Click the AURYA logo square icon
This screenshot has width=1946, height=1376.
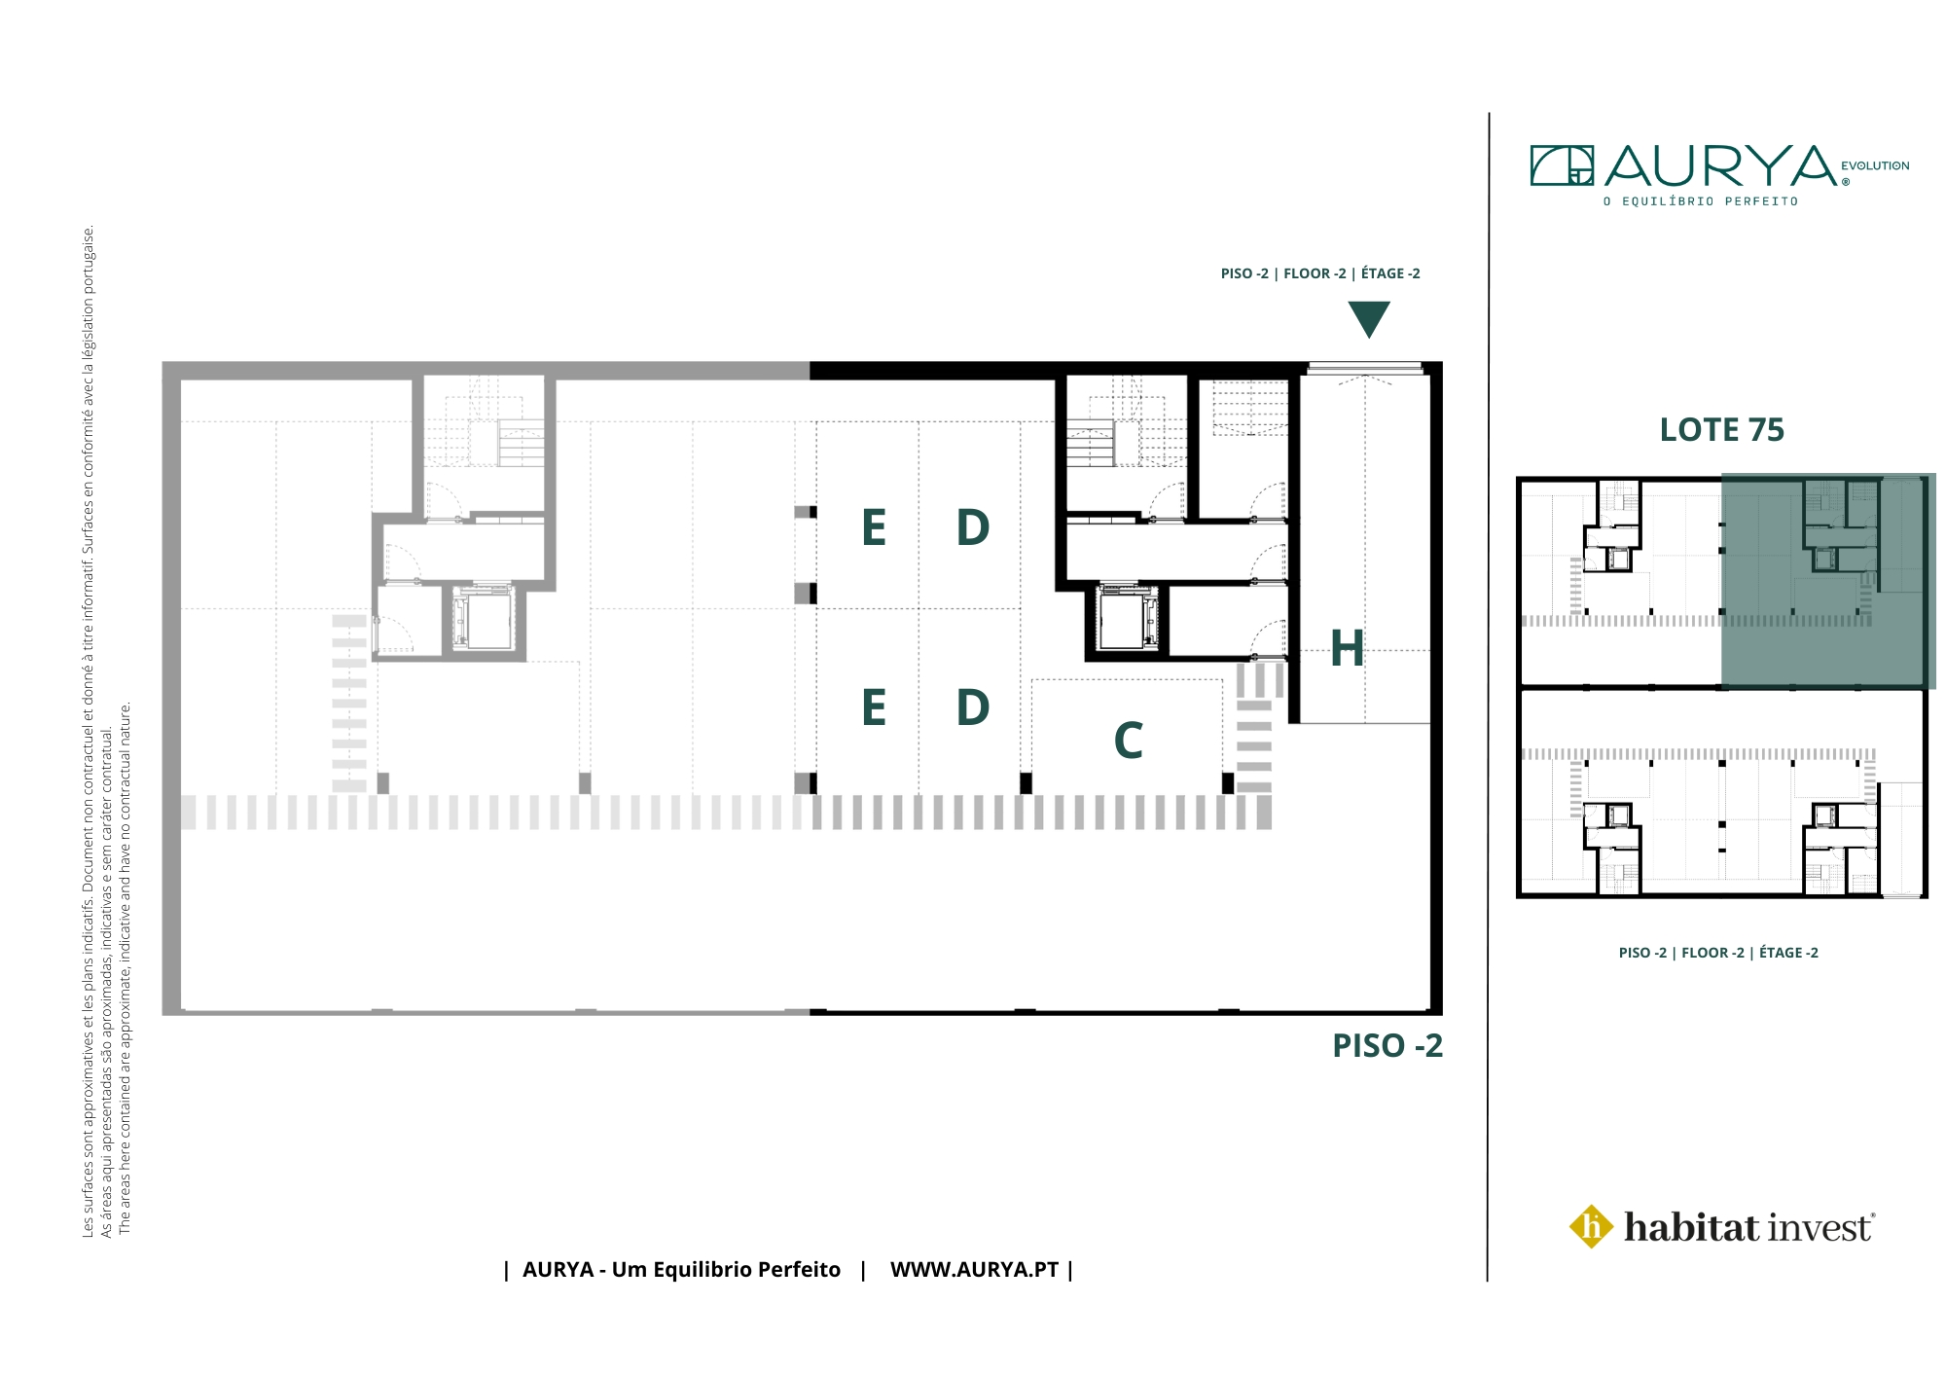(1562, 165)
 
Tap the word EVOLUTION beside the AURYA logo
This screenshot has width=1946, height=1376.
(1875, 165)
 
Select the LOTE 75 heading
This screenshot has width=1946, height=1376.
(1722, 429)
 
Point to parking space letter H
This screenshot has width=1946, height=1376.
(1348, 648)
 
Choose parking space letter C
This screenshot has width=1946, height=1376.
(1129, 741)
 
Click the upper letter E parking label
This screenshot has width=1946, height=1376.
(874, 527)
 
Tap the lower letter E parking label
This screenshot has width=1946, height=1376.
(874, 707)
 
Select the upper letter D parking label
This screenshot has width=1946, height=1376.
(973, 527)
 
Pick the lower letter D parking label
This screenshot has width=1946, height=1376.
(973, 707)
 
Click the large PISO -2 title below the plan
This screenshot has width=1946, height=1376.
(1387, 1046)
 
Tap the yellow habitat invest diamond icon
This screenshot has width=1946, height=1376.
(1592, 1226)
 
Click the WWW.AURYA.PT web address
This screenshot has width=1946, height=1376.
(974, 1270)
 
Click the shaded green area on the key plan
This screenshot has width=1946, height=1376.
(1827, 581)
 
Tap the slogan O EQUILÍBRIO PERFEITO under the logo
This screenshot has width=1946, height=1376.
(1701, 201)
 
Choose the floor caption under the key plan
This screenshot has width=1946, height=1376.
(1718, 953)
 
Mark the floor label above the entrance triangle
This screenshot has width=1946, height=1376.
(1320, 273)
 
